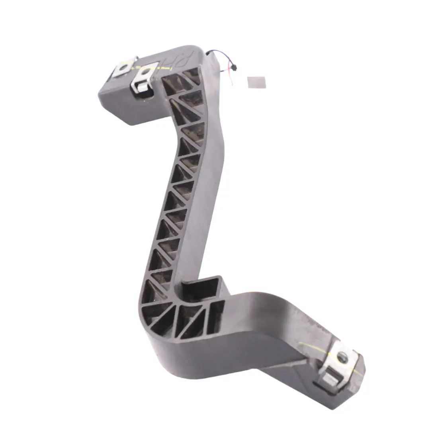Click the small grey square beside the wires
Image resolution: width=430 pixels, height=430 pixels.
click(x=256, y=82)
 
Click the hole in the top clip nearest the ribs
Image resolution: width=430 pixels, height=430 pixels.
click(x=146, y=73)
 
